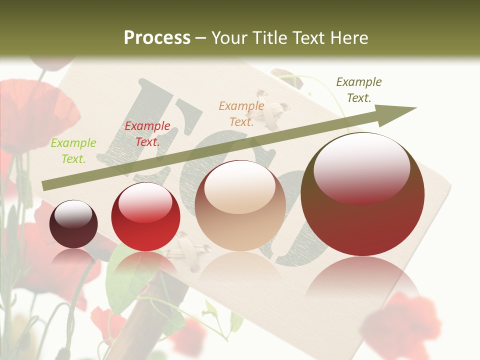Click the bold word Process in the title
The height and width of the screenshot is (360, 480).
157,37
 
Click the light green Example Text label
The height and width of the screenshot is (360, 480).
73,151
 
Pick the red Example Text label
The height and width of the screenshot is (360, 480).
147,134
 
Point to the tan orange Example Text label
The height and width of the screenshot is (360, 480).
241,114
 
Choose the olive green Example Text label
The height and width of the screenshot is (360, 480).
359,90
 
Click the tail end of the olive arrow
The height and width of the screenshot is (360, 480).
45,185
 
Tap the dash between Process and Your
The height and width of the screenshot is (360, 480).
200,38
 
